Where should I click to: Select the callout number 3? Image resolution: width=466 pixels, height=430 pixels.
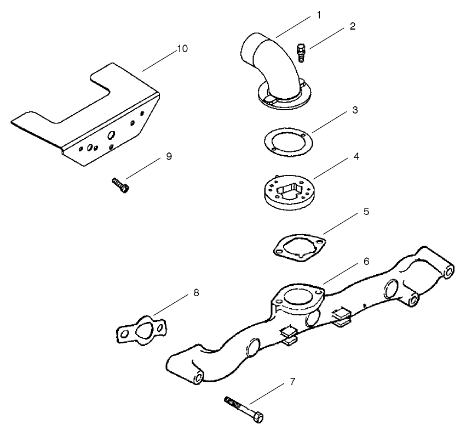355,110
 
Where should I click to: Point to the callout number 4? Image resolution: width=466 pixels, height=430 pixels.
356,156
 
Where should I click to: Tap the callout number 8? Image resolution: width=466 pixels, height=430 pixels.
196,292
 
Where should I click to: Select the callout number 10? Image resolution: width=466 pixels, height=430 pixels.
182,49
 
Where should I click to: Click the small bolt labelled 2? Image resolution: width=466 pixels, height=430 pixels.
301,53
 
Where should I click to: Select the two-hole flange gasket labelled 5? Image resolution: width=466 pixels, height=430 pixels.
299,245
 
